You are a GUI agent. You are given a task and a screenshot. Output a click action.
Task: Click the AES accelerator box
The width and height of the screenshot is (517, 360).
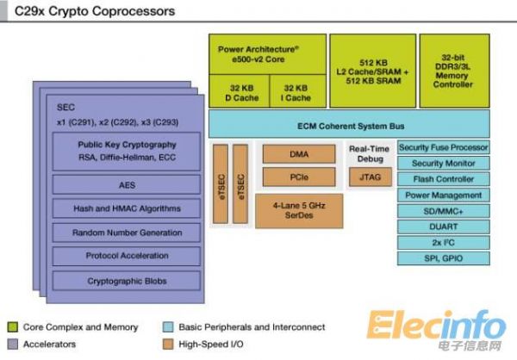(x=127, y=184)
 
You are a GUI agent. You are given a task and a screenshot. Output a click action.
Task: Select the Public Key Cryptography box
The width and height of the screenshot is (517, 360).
(x=127, y=151)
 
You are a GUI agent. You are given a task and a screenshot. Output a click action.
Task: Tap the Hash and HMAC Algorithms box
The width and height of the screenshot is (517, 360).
(x=127, y=208)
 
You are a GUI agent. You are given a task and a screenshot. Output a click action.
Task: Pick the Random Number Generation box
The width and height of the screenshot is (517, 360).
(x=127, y=233)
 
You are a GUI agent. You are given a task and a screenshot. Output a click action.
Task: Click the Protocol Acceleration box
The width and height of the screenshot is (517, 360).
(x=127, y=256)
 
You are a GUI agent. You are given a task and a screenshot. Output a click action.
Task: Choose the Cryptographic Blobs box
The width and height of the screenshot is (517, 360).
(x=127, y=281)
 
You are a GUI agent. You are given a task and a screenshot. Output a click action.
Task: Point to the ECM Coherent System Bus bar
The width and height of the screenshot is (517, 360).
(x=349, y=123)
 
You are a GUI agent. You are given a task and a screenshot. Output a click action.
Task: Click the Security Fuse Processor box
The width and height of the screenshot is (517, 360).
(x=444, y=147)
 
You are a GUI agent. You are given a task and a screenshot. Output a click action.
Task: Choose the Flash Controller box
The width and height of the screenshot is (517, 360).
(x=444, y=179)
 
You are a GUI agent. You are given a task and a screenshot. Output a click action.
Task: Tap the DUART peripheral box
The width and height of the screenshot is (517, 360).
(x=444, y=227)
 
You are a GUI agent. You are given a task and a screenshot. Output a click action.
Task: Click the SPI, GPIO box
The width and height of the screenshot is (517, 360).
(x=444, y=258)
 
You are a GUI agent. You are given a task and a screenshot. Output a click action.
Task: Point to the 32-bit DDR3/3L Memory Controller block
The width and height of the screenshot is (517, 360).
(x=453, y=71)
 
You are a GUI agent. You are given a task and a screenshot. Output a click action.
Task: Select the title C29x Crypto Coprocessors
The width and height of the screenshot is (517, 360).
(x=95, y=11)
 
